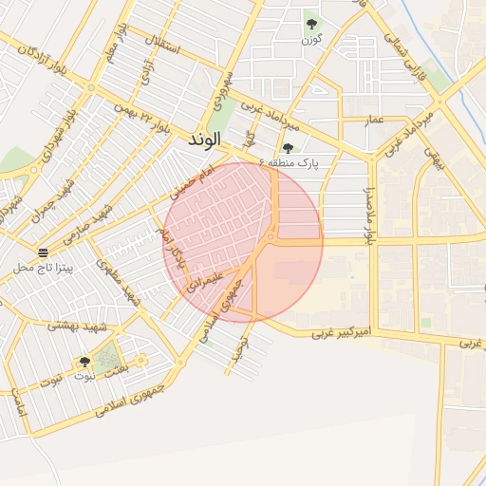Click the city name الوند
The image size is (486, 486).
click(204, 140)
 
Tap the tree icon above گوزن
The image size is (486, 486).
click(311, 25)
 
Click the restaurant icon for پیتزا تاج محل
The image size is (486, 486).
click(44, 252)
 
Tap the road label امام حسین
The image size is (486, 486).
click(188, 180)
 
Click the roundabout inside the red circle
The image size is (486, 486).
click(271, 238)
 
